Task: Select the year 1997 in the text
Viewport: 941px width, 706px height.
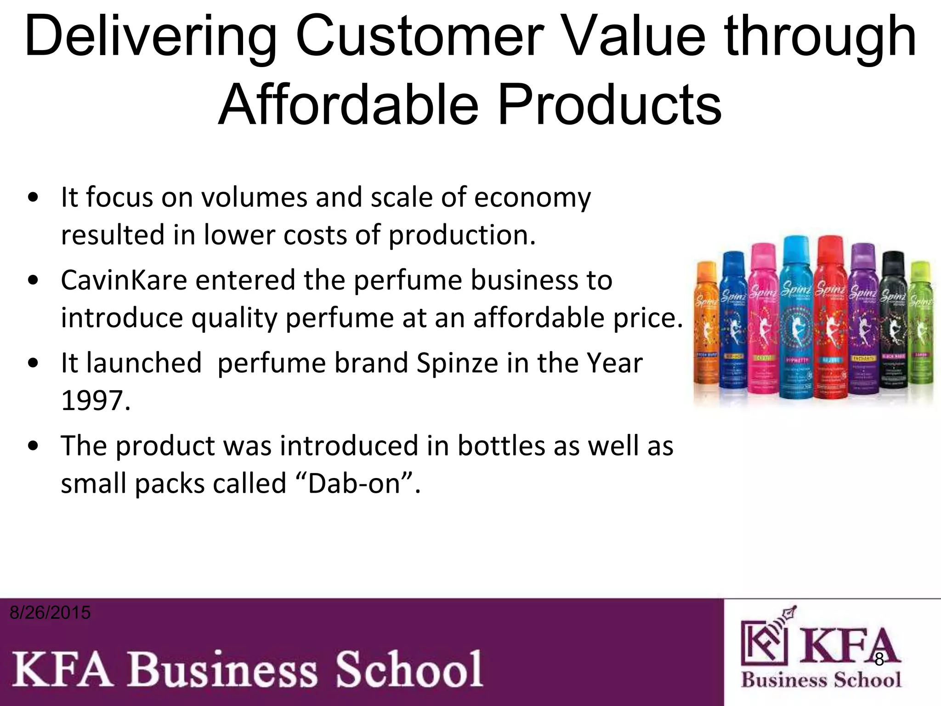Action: coord(96,400)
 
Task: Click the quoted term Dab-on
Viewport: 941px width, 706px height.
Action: coord(356,484)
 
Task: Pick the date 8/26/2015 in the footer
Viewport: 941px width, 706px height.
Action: coord(50,613)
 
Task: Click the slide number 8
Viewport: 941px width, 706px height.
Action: coord(879,660)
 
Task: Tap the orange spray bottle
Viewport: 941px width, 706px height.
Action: coord(707,322)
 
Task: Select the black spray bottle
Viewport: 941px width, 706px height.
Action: coord(893,322)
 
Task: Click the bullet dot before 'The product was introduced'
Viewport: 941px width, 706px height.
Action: coord(33,446)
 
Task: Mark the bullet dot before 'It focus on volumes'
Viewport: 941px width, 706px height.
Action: coord(33,198)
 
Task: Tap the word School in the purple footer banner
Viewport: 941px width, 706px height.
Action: coord(408,669)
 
